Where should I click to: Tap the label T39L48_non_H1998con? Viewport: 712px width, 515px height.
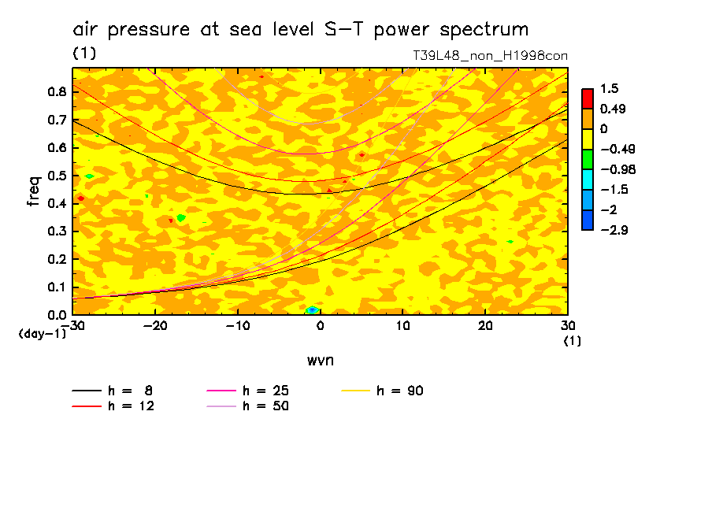(490, 56)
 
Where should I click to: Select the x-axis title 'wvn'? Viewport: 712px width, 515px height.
(320, 360)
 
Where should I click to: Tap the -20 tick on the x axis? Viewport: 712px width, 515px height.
(155, 327)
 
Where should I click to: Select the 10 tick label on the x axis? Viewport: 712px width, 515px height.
(402, 327)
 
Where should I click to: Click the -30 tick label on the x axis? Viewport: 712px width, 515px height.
(72, 327)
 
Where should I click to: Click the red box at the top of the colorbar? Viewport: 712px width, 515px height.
(588, 98)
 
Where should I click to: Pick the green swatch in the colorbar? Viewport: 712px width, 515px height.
(588, 159)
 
